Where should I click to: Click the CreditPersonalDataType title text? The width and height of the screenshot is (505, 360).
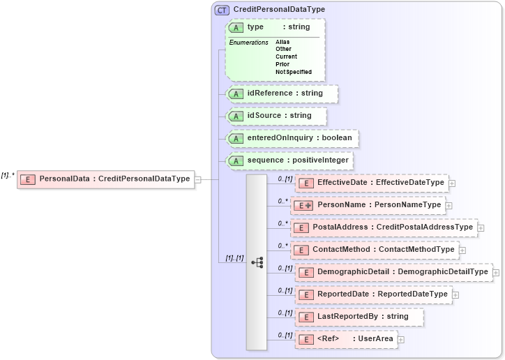click(279, 10)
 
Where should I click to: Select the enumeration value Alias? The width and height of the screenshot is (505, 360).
click(282, 42)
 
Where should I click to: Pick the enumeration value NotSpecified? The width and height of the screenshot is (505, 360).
click(293, 72)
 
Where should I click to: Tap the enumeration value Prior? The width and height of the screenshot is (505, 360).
click(282, 64)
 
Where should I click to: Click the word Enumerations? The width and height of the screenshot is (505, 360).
click(249, 43)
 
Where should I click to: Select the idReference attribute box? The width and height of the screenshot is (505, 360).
click(282, 93)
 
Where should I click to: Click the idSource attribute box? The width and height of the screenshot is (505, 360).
click(277, 116)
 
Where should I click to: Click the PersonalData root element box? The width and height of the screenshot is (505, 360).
click(105, 179)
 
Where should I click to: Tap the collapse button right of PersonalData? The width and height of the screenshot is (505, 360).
click(198, 179)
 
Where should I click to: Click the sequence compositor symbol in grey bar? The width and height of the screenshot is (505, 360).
click(257, 262)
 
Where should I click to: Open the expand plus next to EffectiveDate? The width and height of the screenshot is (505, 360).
click(452, 183)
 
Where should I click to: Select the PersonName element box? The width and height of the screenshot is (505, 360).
click(370, 205)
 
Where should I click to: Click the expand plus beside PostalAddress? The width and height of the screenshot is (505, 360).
click(481, 228)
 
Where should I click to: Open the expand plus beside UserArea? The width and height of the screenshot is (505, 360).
click(401, 340)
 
